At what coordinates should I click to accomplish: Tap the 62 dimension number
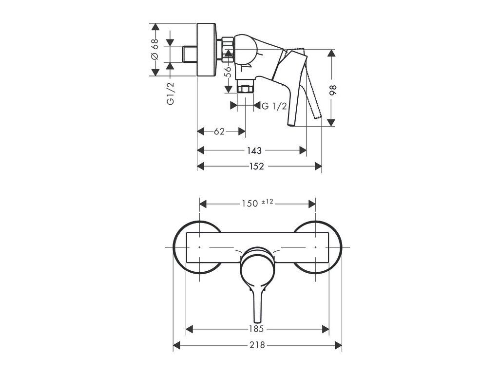point(219,131)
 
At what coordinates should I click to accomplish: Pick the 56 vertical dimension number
point(228,72)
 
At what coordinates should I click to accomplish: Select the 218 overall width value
point(257,345)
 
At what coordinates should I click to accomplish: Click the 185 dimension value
point(257,329)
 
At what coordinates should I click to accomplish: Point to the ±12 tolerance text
point(267,202)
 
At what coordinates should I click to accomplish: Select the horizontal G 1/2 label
point(274,106)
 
